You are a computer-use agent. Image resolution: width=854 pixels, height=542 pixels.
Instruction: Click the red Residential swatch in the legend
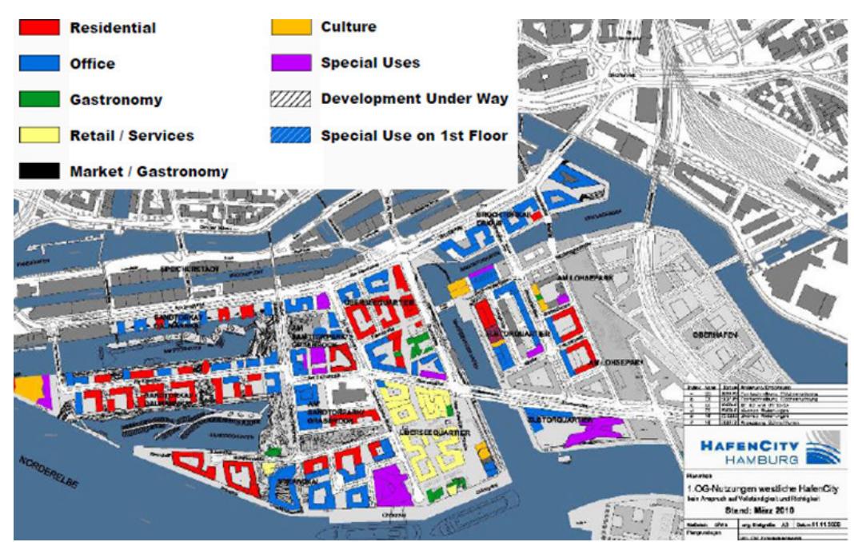tap(39, 27)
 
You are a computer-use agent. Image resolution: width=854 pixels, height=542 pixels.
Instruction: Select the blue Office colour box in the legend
tap(39, 63)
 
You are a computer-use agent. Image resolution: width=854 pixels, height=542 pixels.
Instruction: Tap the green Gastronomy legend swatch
tap(39, 99)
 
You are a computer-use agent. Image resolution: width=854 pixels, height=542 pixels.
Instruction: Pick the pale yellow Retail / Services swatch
tap(39, 135)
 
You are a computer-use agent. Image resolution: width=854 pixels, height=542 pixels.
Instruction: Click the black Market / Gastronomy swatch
tap(39, 171)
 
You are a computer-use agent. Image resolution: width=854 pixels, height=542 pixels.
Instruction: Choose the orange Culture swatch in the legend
tap(290, 27)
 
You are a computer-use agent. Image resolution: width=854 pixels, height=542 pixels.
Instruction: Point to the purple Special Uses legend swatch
tap(290, 63)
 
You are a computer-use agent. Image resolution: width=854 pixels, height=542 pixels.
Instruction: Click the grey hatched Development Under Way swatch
tap(290, 99)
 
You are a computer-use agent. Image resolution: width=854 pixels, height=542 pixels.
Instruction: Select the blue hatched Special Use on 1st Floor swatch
tap(290, 135)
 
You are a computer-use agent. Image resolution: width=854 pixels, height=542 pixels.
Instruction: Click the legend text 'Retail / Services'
tap(132, 135)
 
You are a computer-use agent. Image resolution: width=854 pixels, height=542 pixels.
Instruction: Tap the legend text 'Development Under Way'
tap(414, 99)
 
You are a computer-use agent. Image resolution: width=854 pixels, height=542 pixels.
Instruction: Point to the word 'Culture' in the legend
tap(349, 27)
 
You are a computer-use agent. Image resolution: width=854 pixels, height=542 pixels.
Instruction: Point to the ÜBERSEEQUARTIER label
tap(435, 432)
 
